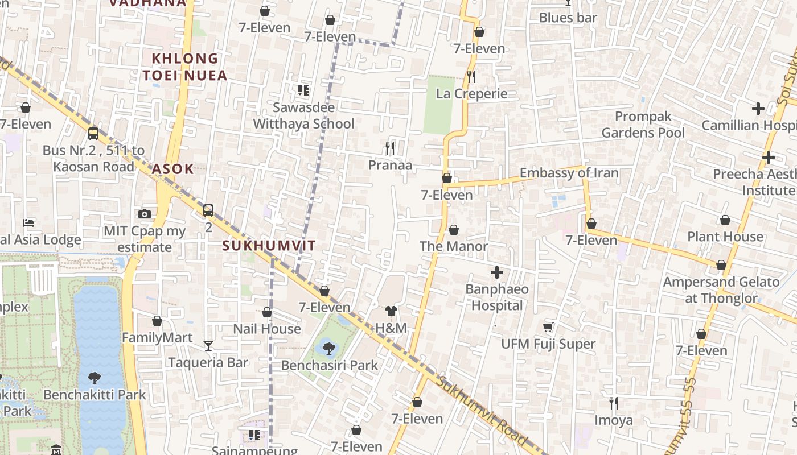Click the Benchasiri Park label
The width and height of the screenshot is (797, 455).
pos(329,365)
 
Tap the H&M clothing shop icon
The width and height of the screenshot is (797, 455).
pos(391,311)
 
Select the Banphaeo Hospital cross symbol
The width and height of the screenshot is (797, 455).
pos(497,272)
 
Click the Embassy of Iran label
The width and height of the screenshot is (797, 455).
pos(569,173)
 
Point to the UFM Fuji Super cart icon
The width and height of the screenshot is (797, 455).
pos(548,327)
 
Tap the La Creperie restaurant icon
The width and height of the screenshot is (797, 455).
pos(471,76)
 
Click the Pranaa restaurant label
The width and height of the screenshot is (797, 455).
pos(390,165)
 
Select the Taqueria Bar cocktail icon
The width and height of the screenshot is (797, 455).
pos(208,346)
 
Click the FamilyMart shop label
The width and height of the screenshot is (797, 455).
pos(157,338)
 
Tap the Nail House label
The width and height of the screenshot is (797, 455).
pos(267,329)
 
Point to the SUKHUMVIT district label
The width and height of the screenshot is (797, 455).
pos(269,246)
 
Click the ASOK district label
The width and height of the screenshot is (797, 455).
pos(172,169)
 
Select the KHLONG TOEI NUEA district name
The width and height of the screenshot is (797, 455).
pos(185,67)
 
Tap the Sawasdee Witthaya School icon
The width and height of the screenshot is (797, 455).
pos(303,90)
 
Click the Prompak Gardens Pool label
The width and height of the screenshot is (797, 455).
pos(643,125)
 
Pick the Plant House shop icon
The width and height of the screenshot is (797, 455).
pos(725,220)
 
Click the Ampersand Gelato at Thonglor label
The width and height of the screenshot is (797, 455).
pos(721,289)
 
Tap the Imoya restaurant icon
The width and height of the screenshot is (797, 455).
pos(614,403)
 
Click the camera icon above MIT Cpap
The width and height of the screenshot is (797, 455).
pos(145,214)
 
